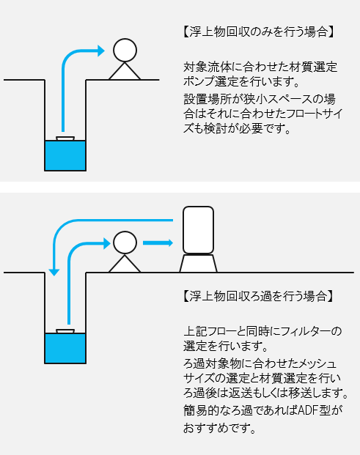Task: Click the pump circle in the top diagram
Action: click(125, 50)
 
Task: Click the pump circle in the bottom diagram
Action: click(125, 243)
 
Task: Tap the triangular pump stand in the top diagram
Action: click(125, 71)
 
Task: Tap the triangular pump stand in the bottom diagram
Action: click(125, 264)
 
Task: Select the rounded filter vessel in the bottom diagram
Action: click(198, 230)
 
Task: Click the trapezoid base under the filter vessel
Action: click(198, 264)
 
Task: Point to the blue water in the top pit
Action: click(65, 155)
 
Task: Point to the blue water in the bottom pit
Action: click(65, 348)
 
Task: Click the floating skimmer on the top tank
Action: click(65, 138)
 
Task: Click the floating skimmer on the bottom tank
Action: click(65, 331)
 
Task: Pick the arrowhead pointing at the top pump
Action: click(101, 51)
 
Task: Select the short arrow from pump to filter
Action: click(158, 243)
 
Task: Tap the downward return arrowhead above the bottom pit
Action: click(54, 272)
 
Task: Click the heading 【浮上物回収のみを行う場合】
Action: click(258, 32)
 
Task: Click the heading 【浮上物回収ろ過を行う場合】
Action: click(258, 296)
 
